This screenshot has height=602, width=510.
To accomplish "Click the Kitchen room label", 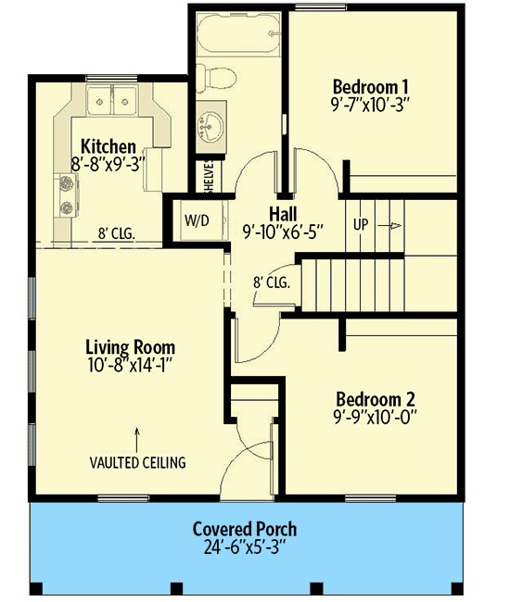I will (108, 146).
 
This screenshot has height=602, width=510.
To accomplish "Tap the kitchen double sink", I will (112, 98).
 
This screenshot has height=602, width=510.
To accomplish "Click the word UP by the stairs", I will (363, 225).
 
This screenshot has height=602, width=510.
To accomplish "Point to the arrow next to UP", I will (392, 225).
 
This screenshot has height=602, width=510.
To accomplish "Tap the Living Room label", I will (130, 347).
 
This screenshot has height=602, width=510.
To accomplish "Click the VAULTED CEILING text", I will (137, 461).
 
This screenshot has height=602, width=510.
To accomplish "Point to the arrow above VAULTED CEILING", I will (137, 433).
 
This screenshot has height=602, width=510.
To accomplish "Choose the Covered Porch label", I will (245, 529).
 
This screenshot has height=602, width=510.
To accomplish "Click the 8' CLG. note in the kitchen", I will (117, 234).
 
